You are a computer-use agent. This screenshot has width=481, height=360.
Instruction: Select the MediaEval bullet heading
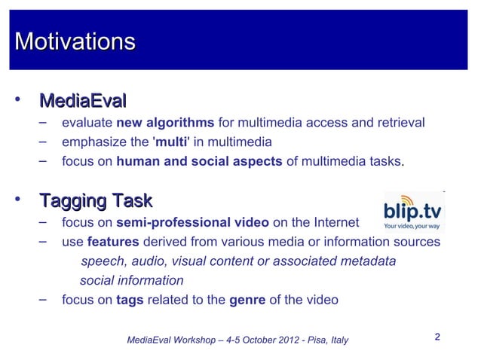[x=82, y=100]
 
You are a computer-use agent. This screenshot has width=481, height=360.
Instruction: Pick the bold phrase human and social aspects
[x=200, y=160]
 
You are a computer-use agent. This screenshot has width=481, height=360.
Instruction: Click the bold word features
[x=113, y=242]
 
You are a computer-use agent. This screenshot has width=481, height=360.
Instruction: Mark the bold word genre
[x=247, y=299]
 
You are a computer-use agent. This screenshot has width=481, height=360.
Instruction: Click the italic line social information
[x=131, y=280]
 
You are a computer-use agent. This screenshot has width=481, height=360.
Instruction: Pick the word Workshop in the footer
[x=191, y=340]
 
